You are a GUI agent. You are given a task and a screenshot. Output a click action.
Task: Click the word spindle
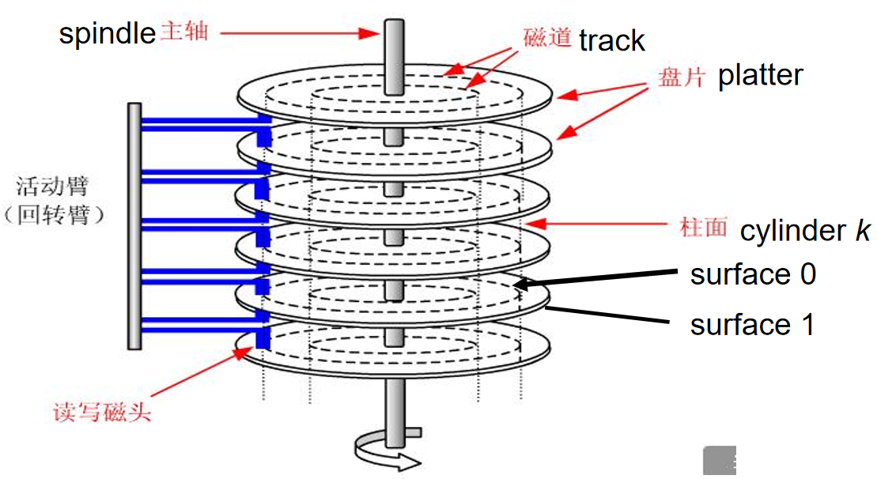[107, 34]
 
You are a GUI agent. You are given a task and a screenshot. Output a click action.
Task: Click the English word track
[612, 40]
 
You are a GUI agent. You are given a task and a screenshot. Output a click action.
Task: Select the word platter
[760, 75]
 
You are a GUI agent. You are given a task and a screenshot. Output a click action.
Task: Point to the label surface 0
[753, 274]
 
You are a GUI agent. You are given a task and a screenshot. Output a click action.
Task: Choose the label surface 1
[752, 324]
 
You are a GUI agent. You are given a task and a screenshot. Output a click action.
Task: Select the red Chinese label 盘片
[682, 77]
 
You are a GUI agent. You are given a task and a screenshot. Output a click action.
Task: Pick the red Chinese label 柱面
[703, 228]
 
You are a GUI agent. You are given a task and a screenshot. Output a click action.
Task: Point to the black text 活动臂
[52, 187]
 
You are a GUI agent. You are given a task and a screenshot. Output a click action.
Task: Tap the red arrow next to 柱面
[600, 225]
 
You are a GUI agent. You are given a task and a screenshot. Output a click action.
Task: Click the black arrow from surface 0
[601, 277]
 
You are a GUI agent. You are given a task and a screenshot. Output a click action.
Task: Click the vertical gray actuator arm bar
[134, 225]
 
